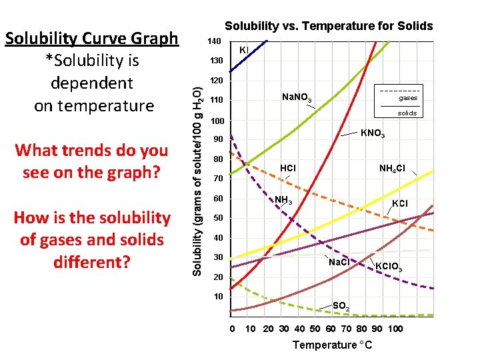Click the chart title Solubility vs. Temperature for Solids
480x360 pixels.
[x=329, y=26]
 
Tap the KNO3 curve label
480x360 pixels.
[x=372, y=134]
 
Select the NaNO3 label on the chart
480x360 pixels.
[x=297, y=99]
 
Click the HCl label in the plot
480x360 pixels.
[x=288, y=168]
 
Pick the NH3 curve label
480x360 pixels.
[x=283, y=200]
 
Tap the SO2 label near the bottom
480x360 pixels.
[x=341, y=306]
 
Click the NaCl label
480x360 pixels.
[x=339, y=261]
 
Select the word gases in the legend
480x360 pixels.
[x=408, y=97]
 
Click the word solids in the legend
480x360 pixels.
[x=407, y=113]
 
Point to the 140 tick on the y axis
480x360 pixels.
[x=213, y=41]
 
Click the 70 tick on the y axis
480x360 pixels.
[x=217, y=179]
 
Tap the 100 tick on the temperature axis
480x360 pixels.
[x=395, y=329]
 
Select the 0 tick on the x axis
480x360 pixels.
[x=232, y=329]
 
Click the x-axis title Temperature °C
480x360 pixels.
[x=332, y=345]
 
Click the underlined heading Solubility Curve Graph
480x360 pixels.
[x=92, y=38]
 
